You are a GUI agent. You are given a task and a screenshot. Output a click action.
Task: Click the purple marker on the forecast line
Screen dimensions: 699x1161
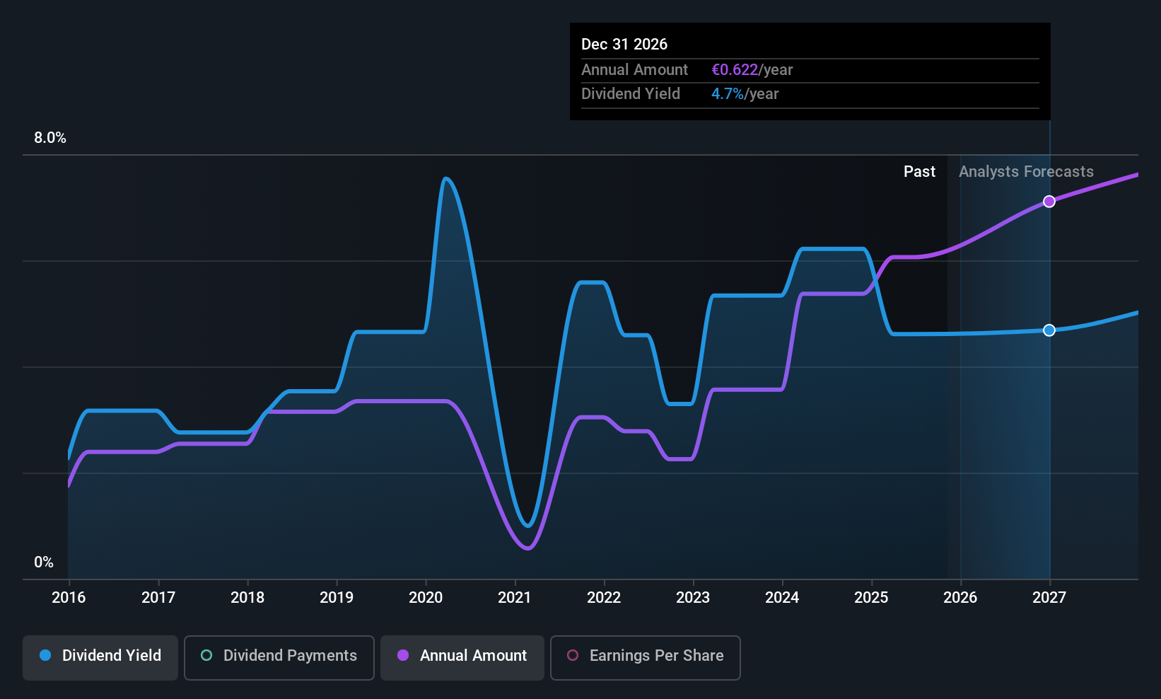(x=1049, y=202)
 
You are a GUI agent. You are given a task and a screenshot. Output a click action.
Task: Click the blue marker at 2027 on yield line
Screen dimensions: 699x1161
(x=1049, y=330)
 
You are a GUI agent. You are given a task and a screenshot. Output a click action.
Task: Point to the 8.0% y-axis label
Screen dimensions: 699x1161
(x=50, y=138)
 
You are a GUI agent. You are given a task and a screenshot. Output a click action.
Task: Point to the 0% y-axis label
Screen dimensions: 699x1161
(x=44, y=562)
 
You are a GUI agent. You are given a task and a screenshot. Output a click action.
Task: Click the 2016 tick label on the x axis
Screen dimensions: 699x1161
(x=69, y=598)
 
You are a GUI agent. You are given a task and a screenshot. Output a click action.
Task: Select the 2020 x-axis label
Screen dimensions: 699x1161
(x=426, y=598)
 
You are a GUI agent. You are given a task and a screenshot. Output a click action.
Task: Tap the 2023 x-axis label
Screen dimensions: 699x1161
(x=693, y=598)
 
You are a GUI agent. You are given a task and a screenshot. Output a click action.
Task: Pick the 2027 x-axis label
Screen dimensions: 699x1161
(x=1049, y=598)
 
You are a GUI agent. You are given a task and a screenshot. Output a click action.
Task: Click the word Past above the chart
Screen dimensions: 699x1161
(x=919, y=172)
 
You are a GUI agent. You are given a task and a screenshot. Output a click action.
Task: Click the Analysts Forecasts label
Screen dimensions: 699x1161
(x=1026, y=172)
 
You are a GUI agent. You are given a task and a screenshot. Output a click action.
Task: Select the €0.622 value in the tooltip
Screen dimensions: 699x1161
(x=735, y=70)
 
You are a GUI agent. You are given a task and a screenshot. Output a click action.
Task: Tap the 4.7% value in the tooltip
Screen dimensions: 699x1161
(x=728, y=94)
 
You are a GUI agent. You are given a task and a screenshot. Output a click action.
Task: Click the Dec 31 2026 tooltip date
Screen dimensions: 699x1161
(x=624, y=45)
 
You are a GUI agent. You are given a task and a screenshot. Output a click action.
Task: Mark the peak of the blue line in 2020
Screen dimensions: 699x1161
(x=445, y=178)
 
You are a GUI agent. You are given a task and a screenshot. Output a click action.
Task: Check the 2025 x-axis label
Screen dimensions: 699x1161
(x=871, y=598)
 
